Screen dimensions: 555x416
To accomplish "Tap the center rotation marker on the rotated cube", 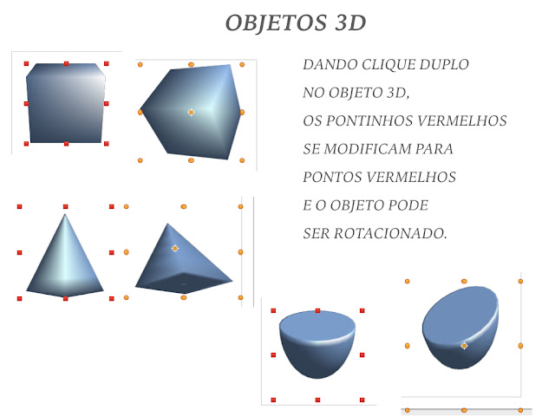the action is point(191,113).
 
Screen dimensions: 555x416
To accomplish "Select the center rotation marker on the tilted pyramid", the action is point(175,248).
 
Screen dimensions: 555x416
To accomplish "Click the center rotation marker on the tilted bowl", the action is point(464,345).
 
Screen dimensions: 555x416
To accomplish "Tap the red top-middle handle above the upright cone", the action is point(65,206).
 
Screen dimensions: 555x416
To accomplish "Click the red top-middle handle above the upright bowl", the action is point(317,309).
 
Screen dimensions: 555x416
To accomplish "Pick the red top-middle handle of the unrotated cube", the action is point(66,63).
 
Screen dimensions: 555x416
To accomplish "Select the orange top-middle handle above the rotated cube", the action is point(191,63).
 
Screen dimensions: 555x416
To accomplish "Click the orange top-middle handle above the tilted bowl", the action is point(464,281).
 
